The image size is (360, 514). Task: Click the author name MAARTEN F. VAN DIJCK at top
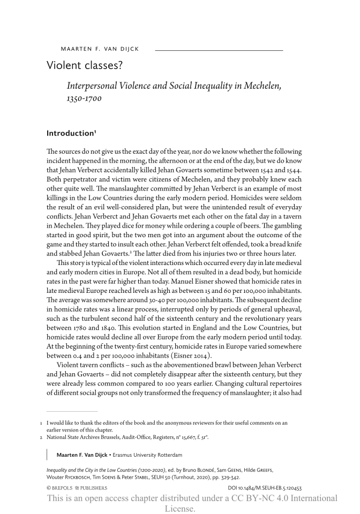point(100,49)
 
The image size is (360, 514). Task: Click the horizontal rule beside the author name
point(219,50)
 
